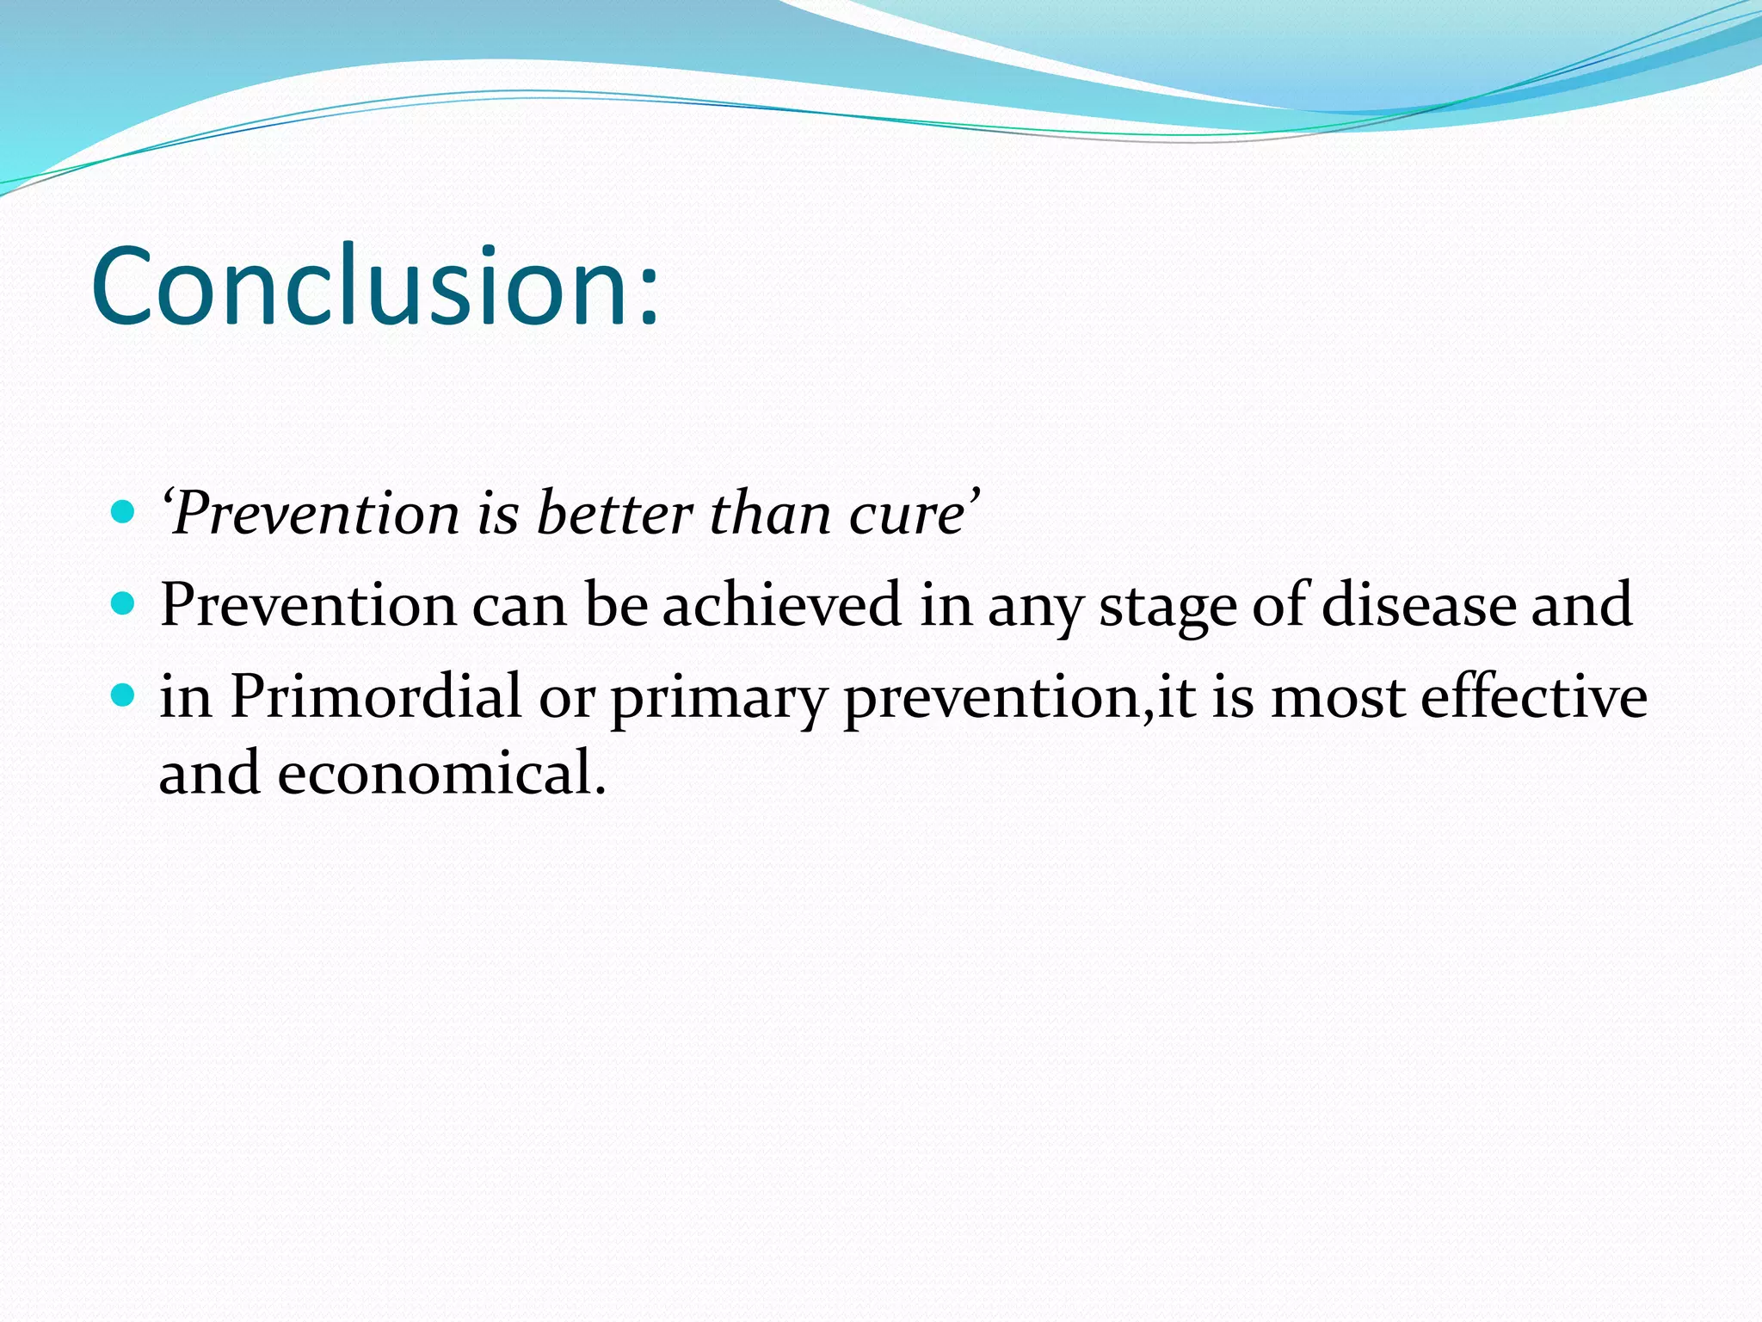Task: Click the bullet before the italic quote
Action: pos(124,513)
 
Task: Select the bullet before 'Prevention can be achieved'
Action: pos(124,603)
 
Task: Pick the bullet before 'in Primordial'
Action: pos(124,695)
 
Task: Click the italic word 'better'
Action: pos(614,514)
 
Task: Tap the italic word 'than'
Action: pos(770,514)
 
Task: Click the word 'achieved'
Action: pos(781,604)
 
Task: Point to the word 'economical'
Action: pos(432,772)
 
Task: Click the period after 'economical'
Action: pos(601,789)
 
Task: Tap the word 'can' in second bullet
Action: pos(520,606)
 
